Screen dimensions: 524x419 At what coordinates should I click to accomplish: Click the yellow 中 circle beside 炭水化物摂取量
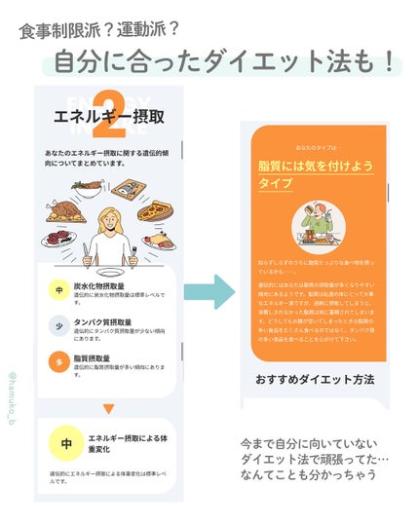click(x=59, y=289)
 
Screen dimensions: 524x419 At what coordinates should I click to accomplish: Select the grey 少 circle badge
click(x=59, y=326)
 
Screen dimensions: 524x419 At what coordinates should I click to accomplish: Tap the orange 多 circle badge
click(x=59, y=362)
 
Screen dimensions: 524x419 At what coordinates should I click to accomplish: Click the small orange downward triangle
click(x=108, y=409)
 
